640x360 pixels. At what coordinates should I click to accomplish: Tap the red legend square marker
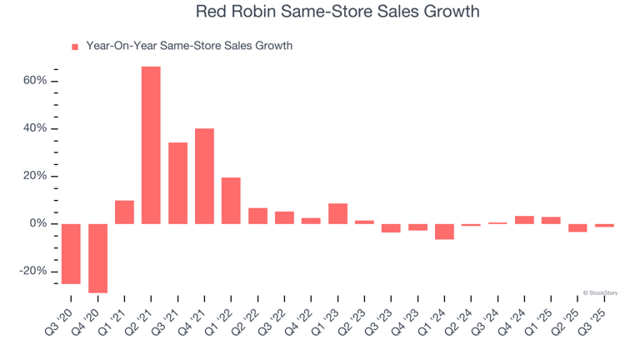pyautogui.click(x=75, y=47)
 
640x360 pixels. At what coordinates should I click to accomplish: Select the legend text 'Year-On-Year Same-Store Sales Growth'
pyautogui.click(x=189, y=46)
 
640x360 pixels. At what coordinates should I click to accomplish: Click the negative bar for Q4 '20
pyautogui.click(x=97, y=258)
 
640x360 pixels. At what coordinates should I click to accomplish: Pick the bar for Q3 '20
pyautogui.click(x=71, y=253)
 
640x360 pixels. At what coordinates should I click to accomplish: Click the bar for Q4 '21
pyautogui.click(x=204, y=176)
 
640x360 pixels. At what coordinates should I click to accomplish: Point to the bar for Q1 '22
pyautogui.click(x=231, y=200)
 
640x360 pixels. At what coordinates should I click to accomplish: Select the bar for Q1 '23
pyautogui.click(x=337, y=213)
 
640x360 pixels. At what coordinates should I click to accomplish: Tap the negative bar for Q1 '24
pyautogui.click(x=444, y=232)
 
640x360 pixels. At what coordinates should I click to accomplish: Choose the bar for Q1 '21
pyautogui.click(x=124, y=212)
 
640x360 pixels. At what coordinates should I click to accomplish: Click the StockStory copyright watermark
pyautogui.click(x=601, y=292)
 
